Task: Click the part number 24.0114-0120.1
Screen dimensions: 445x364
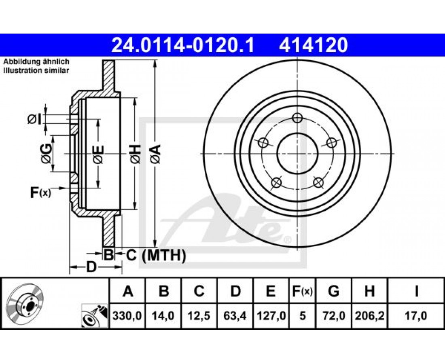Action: [183, 45]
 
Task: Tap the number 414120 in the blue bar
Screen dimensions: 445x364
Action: [313, 45]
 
